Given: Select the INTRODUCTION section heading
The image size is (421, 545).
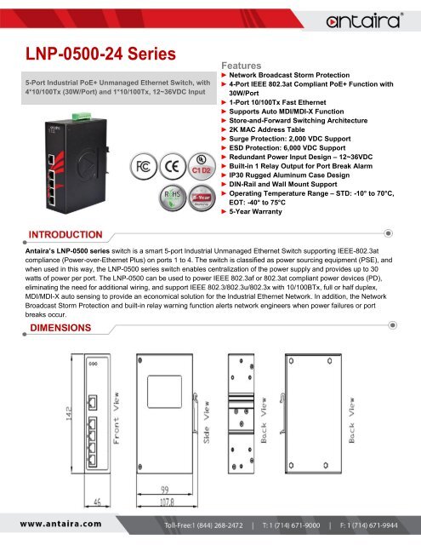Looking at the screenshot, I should click(x=66, y=233).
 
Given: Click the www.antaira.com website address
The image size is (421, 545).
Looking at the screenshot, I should click(x=64, y=524).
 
